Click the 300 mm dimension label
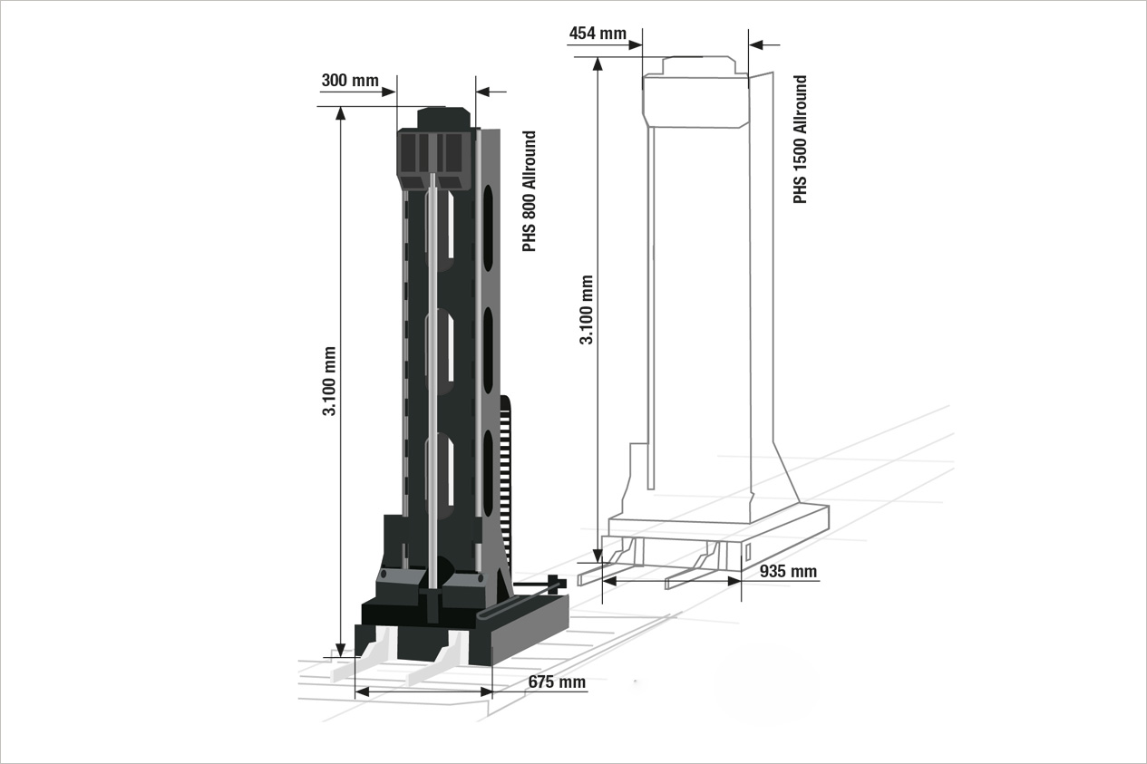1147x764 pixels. pos(350,81)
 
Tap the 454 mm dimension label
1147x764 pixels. pos(598,34)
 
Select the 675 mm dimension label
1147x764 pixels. pos(557,682)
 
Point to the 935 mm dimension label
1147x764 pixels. pos(788,571)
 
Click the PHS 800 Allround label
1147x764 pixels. pos(529,191)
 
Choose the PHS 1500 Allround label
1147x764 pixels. pos(800,140)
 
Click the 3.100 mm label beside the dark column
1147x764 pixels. pos(329,382)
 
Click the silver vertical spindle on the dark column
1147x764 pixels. pos(433,382)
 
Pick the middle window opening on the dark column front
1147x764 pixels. pos(440,352)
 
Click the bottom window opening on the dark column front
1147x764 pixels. pos(440,477)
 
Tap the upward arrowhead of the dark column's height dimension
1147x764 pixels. pos(340,113)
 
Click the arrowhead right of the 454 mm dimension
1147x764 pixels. pos(756,45)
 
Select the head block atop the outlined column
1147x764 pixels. pos(695,92)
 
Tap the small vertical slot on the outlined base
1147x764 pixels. pos(748,552)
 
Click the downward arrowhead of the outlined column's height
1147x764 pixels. pos(598,556)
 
